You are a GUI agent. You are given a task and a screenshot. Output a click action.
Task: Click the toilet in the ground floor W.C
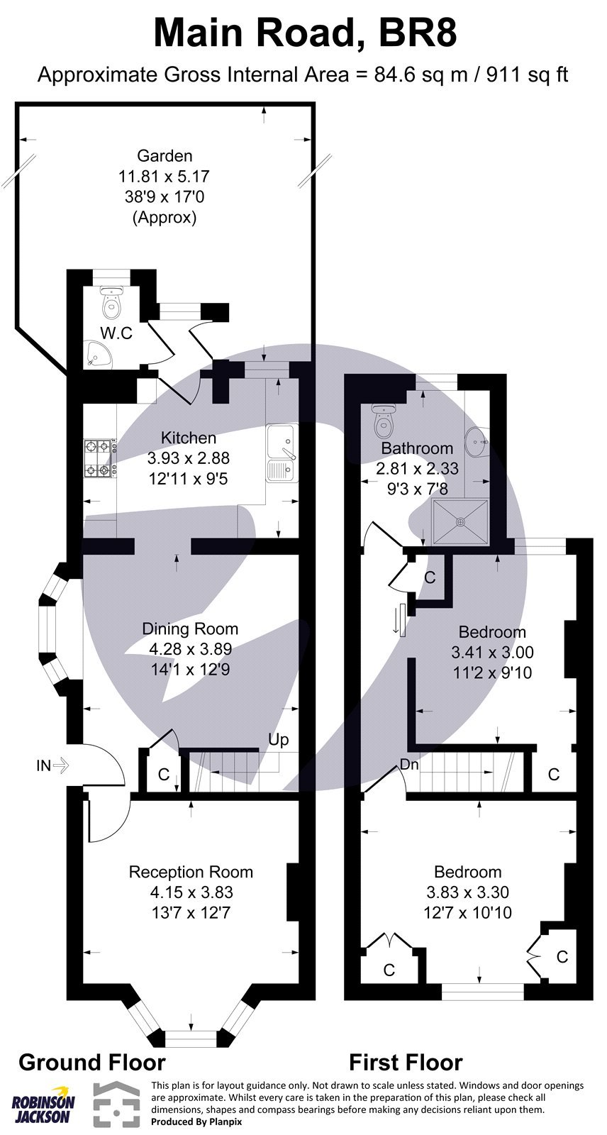[x=111, y=304]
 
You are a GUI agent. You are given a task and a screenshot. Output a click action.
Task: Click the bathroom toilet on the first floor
[x=383, y=421]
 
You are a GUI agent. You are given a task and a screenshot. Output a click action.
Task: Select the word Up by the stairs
[x=278, y=740]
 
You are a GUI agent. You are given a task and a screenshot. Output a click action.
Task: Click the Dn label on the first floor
[x=409, y=765]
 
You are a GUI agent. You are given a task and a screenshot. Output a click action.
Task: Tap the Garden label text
[x=165, y=155]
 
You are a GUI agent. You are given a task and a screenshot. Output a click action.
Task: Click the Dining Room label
[x=190, y=629]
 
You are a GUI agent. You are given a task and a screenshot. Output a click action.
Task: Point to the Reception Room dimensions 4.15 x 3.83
[x=190, y=892]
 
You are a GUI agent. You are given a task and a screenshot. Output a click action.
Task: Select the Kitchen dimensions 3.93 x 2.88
[x=188, y=458]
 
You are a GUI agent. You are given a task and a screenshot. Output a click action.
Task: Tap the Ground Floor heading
[x=91, y=1062]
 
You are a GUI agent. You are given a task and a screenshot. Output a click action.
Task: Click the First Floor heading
[x=406, y=1062]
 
